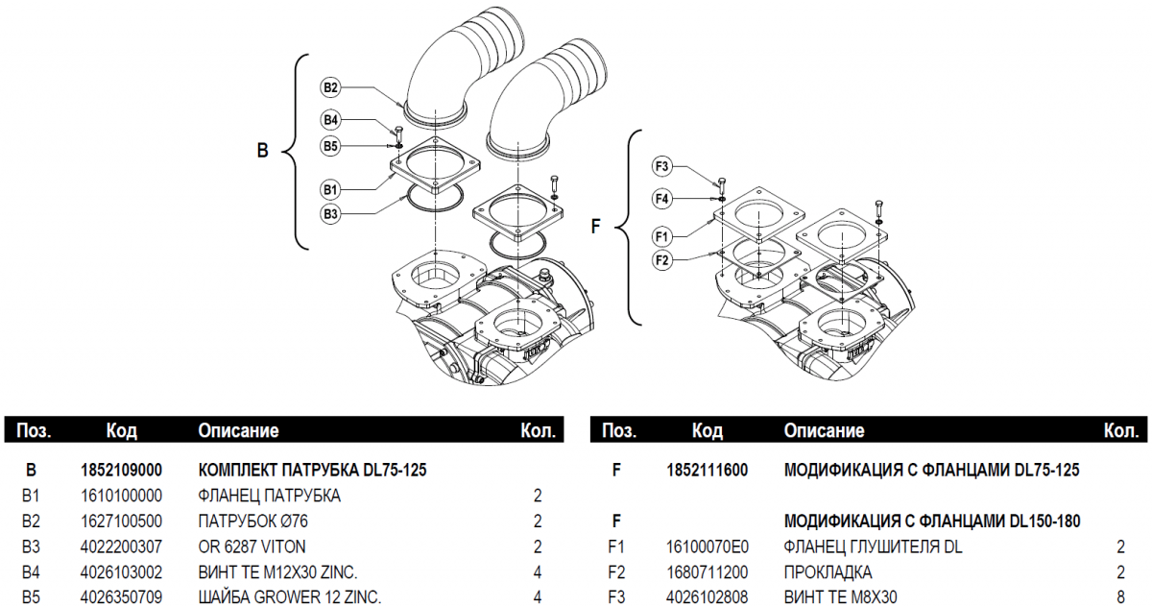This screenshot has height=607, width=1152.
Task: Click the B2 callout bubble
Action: [x=330, y=87]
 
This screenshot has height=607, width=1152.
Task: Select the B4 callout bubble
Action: [x=330, y=120]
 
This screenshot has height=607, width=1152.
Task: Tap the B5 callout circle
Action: [x=330, y=146]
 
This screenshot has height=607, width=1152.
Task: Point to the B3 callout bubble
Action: [x=330, y=214]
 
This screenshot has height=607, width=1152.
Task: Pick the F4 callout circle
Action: [x=661, y=199]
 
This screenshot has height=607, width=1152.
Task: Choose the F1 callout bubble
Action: [x=661, y=235]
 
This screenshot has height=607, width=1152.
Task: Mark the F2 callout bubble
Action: [x=661, y=259]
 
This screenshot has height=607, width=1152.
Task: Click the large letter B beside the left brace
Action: [x=262, y=151]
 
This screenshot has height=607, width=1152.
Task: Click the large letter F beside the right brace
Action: [x=595, y=228]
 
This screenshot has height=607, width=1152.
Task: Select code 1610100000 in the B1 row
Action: [x=121, y=496]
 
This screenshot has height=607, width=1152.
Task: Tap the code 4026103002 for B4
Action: [x=121, y=572]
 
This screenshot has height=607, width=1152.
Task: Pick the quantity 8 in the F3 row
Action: [x=1120, y=597]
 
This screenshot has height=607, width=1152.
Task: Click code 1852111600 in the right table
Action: [x=708, y=471]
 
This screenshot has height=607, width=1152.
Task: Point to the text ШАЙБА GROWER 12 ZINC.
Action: [x=289, y=597]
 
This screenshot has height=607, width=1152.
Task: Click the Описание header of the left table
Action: [x=238, y=430]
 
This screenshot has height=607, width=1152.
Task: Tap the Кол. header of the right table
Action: [x=1120, y=430]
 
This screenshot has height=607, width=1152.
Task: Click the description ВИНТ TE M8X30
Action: [x=841, y=597]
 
